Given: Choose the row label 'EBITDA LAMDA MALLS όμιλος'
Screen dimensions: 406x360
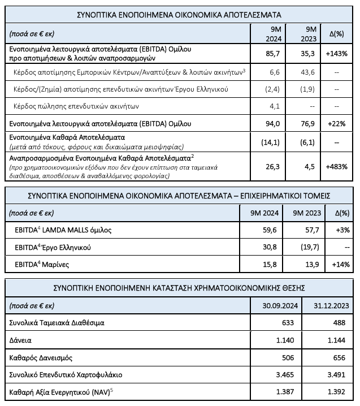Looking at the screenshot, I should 61,231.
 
